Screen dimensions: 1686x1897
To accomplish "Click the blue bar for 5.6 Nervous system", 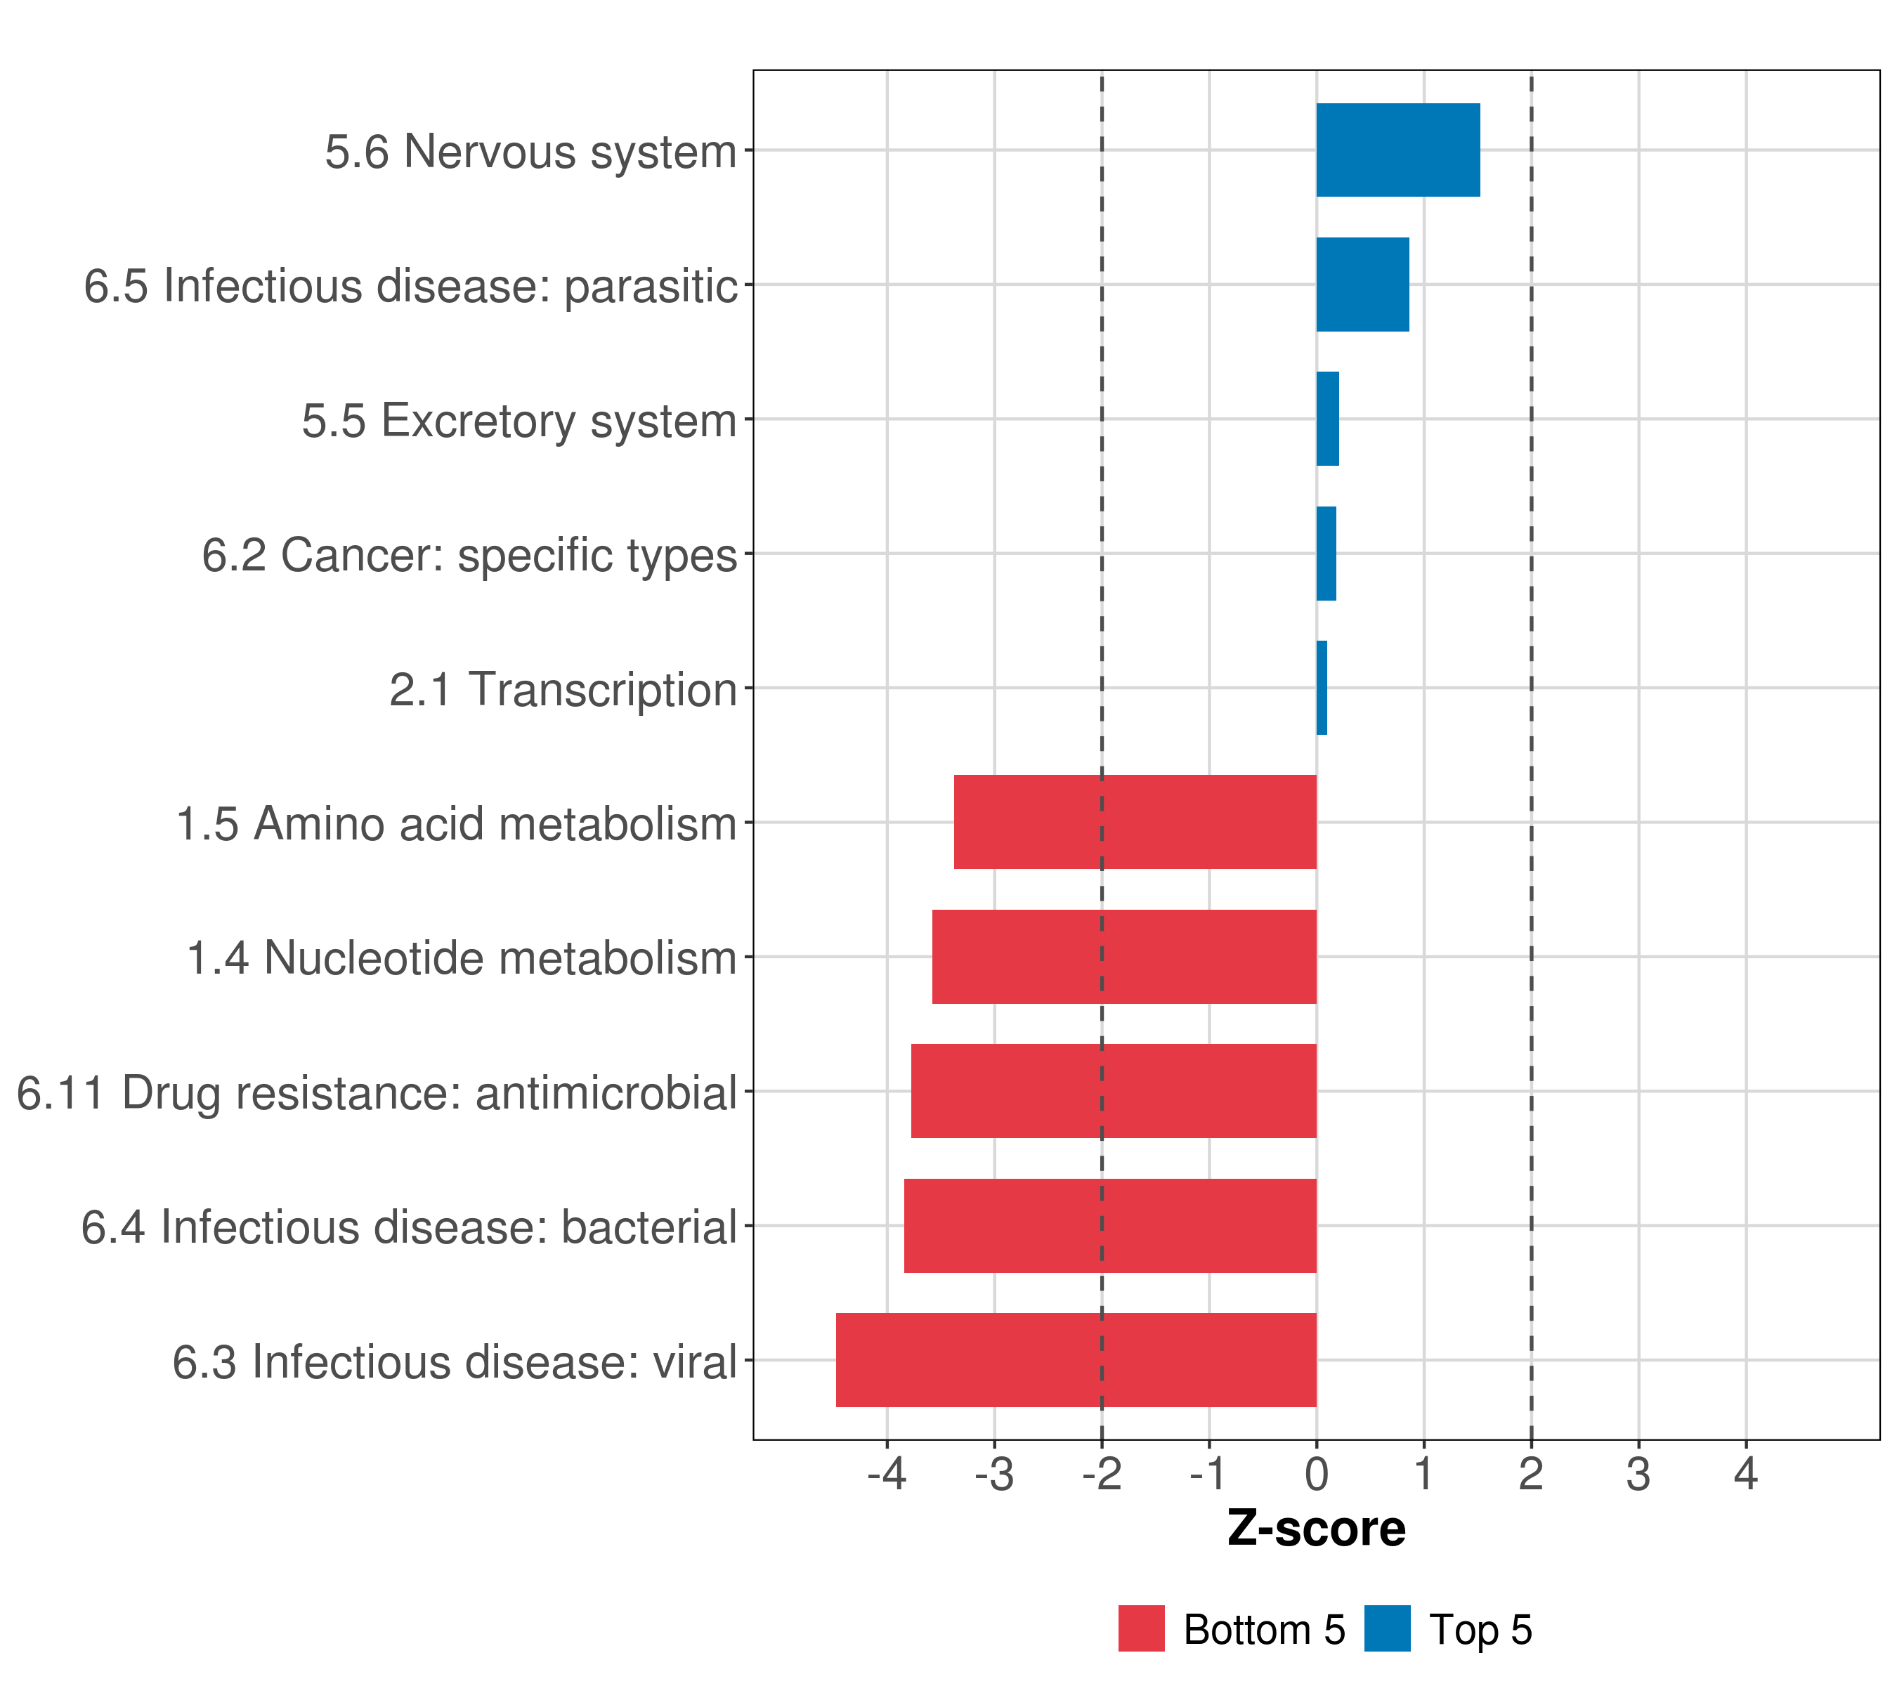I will [x=1397, y=150].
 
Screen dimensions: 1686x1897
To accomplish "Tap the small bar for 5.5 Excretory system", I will [x=1327, y=419].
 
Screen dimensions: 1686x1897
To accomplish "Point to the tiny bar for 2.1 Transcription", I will [x=1322, y=688].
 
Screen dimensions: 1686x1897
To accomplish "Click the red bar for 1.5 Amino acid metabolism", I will [x=1134, y=822].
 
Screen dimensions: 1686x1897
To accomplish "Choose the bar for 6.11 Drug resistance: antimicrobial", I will [x=1113, y=1090].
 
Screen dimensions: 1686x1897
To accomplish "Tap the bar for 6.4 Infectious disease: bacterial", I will [x=1109, y=1225].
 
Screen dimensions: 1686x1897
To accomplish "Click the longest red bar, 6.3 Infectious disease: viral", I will [x=1075, y=1359].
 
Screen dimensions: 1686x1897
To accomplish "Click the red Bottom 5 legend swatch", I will [x=1140, y=1628].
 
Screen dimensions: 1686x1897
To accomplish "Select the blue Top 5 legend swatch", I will [x=1386, y=1628].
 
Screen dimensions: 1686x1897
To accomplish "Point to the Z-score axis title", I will [x=1315, y=1528].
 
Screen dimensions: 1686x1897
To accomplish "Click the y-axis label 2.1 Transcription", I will [x=562, y=689].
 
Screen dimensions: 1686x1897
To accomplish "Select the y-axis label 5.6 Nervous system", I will [x=530, y=151].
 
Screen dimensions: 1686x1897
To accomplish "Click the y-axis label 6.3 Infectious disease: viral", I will [x=454, y=1362].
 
